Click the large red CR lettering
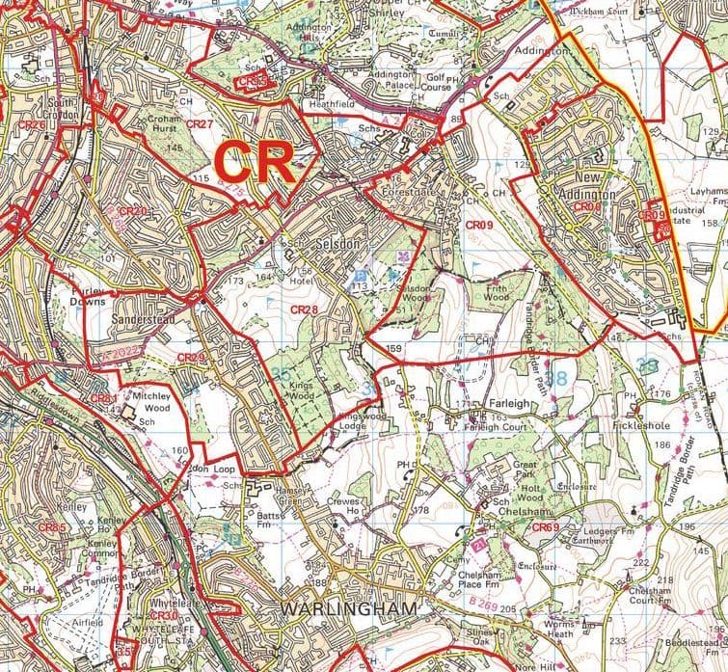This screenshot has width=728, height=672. pyautogui.click(x=254, y=162)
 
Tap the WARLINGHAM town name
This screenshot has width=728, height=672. pyautogui.click(x=350, y=608)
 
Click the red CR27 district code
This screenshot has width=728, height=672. pyautogui.click(x=199, y=124)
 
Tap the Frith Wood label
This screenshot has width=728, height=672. pyautogui.click(x=496, y=293)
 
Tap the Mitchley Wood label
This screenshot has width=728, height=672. pyautogui.click(x=150, y=401)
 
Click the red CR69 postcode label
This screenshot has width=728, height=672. pyautogui.click(x=545, y=527)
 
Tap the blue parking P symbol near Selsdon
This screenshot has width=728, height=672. pyautogui.click(x=352, y=277)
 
